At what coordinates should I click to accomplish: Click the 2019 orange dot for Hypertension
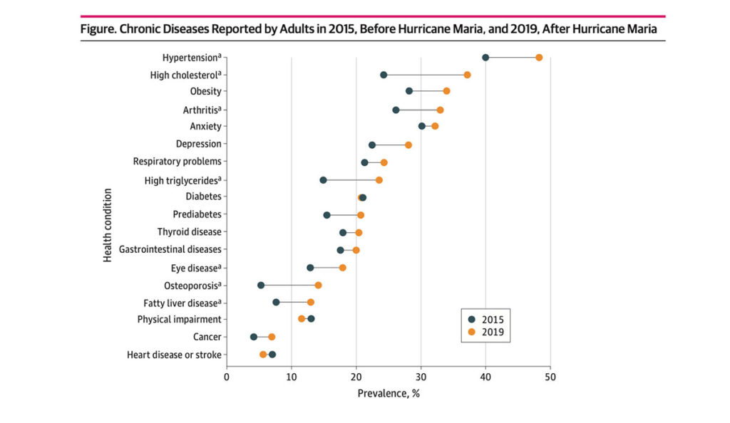(539, 58)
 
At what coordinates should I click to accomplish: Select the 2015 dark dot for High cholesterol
(384, 75)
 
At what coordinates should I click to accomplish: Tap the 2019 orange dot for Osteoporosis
(318, 285)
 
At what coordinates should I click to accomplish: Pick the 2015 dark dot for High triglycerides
(323, 180)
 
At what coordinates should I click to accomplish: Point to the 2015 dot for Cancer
(254, 337)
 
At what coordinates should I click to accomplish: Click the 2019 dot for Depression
(408, 145)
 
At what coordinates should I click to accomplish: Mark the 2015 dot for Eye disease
(310, 268)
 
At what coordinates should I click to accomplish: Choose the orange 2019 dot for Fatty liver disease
(310, 303)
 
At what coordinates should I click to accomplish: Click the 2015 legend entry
(490, 318)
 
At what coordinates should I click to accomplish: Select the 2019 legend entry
(490, 331)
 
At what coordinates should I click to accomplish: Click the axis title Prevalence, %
(388, 393)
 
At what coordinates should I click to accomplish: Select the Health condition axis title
(108, 225)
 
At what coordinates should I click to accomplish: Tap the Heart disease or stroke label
(174, 355)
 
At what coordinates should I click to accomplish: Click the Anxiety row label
(205, 127)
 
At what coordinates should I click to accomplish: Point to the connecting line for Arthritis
(418, 110)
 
